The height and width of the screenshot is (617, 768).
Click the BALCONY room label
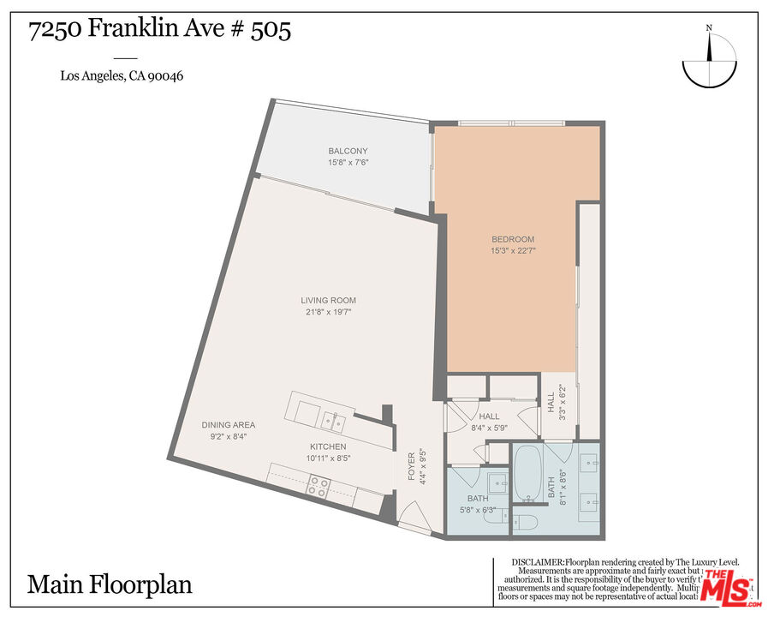[348, 151]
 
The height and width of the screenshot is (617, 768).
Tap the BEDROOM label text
[513, 239]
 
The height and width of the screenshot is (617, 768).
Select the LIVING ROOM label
[328, 301]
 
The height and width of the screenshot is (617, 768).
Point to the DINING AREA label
[228, 425]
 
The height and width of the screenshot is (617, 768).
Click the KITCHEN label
[328, 446]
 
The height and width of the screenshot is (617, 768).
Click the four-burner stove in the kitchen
[319, 487]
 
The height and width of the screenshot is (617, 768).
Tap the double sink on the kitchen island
[332, 420]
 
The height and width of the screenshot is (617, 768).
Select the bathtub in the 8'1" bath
[524, 473]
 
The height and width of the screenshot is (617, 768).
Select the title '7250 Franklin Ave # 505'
[159, 30]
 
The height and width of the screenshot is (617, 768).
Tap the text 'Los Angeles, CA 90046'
[122, 75]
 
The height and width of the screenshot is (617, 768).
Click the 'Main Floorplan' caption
[110, 584]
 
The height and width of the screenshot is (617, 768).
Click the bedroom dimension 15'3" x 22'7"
[513, 251]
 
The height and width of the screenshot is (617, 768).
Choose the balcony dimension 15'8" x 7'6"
[348, 162]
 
